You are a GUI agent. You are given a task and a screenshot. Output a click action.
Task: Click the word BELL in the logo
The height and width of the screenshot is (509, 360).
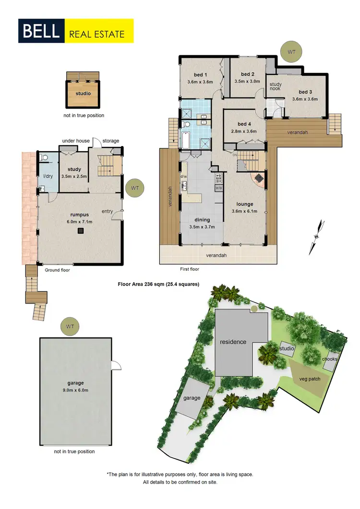[40, 31]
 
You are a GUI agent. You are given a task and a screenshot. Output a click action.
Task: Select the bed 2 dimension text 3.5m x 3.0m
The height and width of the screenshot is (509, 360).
[247, 81]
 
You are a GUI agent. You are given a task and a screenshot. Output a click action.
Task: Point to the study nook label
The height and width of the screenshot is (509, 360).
[276, 87]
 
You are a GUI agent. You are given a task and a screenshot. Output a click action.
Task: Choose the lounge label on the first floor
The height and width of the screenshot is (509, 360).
[245, 204]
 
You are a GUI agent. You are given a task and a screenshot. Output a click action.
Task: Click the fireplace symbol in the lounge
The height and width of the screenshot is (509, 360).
[259, 178]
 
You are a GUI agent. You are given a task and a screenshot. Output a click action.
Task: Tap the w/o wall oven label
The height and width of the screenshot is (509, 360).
[218, 188]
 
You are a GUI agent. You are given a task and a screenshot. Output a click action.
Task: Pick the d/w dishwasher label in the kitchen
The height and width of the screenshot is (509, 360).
[183, 176]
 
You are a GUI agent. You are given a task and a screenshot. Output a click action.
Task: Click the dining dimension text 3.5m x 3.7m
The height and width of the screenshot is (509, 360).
[202, 227]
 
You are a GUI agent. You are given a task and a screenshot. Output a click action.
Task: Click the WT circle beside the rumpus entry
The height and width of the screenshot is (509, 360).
[134, 188]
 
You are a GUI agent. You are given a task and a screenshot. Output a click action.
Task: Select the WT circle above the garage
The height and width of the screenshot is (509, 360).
[70, 327]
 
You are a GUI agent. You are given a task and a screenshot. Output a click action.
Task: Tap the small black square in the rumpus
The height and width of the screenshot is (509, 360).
[81, 231]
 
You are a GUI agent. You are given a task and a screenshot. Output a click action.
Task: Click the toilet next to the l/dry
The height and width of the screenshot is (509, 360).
[44, 157]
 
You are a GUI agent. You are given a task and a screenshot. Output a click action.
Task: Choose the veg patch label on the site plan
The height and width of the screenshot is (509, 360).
[309, 378]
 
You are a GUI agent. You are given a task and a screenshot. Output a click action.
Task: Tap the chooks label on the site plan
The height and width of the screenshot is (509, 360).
[330, 359]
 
